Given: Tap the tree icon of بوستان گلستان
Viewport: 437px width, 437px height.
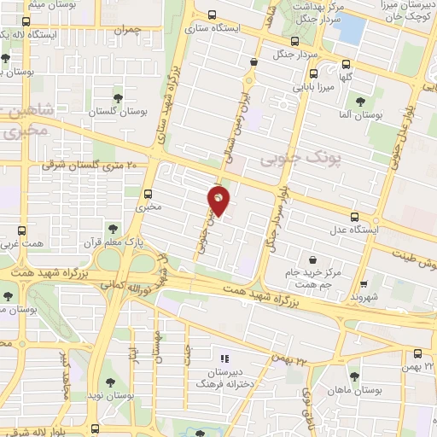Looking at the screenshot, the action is pos(118,99).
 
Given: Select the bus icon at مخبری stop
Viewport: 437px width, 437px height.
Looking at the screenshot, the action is pos(149,194).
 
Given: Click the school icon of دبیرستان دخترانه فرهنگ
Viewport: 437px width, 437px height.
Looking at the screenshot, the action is pos(225,359).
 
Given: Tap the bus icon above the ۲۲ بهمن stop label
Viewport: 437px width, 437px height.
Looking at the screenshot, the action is pos(417,353).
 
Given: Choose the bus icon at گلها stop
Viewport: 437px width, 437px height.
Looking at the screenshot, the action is pos(346,63).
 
